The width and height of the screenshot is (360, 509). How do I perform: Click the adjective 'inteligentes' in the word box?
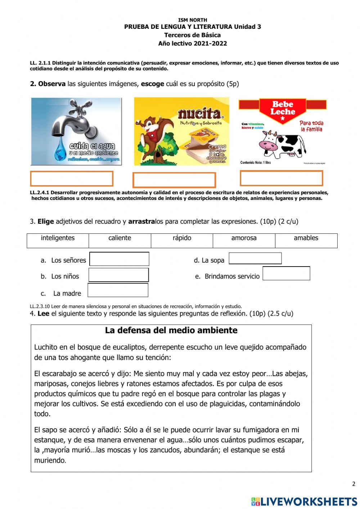(58, 238)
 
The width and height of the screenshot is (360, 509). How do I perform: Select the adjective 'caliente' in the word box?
(120, 238)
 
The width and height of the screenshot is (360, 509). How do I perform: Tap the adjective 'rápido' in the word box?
(182, 238)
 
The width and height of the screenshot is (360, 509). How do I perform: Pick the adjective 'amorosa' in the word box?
(244, 238)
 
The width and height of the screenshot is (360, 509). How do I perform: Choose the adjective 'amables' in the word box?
(306, 238)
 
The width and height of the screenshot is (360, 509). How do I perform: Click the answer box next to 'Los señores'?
(119, 259)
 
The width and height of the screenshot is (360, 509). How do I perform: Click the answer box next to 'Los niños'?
(118, 275)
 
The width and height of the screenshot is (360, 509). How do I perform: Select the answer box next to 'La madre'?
(118, 290)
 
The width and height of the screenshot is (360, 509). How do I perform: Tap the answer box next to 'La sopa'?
(255, 258)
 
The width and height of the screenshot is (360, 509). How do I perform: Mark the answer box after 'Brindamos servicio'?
(286, 273)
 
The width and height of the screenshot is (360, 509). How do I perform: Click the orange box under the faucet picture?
(72, 179)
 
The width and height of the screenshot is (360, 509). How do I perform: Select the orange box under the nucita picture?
(174, 180)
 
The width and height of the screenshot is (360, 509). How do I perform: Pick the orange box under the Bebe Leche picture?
(281, 178)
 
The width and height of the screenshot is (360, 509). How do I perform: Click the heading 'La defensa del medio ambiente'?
(171, 330)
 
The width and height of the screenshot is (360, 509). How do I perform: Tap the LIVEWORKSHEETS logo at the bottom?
(304, 501)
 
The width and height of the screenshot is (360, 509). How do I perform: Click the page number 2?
(354, 484)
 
